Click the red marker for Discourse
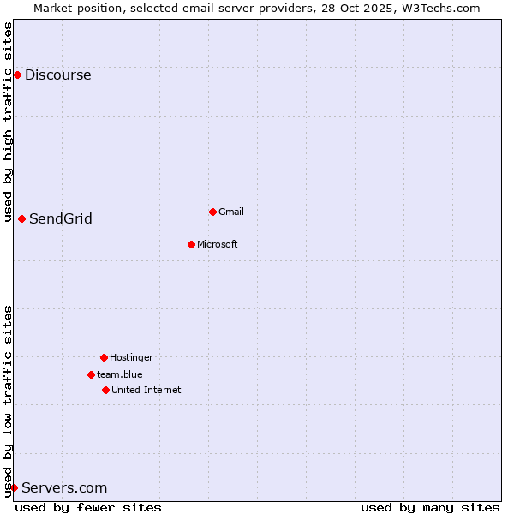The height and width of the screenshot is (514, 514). coord(17,75)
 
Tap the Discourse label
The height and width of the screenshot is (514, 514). coord(57,75)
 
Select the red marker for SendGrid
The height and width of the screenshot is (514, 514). coord(21,218)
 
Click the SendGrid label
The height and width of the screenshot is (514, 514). coord(60,218)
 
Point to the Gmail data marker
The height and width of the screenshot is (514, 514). coord(212,212)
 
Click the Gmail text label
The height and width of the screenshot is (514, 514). coord(231,212)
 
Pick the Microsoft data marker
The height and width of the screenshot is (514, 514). coord(191,244)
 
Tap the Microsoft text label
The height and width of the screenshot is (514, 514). coord(217,244)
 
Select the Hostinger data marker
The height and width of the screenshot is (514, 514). coord(104,357)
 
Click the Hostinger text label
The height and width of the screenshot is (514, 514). coord(131,357)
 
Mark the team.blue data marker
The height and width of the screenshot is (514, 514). coord(91,374)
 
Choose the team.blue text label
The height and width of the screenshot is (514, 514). coord(119,374)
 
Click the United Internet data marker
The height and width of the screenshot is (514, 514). coord(105,390)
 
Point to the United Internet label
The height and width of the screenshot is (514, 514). coord(146,390)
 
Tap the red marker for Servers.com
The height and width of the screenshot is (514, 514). coord(14,487)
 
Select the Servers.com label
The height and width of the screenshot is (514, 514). coord(64,487)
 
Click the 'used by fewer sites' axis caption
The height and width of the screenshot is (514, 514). coord(88,507)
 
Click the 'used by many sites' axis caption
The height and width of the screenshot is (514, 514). coord(430,507)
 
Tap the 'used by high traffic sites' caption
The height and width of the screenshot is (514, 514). coord(9,122)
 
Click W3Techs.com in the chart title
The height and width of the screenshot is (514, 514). coord(438,8)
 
